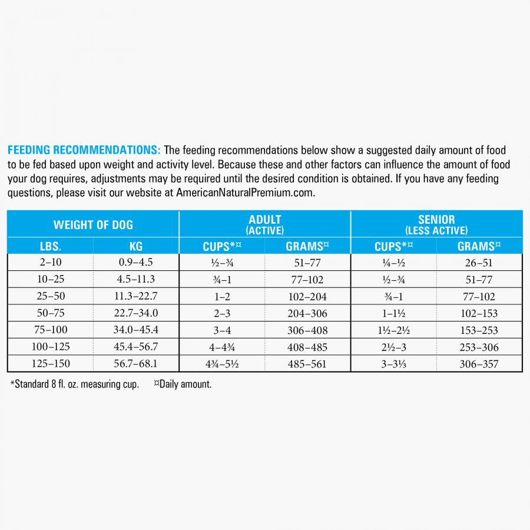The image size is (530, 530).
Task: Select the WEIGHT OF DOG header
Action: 93,224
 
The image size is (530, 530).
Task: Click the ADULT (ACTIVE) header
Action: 265,224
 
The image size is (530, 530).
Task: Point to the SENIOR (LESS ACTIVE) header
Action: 436,224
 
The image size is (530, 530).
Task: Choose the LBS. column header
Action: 50,246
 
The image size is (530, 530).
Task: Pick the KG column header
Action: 136,246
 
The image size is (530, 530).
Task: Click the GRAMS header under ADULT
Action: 307,246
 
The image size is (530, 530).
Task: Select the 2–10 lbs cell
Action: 50,263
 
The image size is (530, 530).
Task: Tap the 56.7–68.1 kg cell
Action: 136,364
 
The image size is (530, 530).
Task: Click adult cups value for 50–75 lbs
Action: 221,314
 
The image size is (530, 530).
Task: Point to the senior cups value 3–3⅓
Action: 394,364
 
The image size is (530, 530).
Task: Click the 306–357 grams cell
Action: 479,364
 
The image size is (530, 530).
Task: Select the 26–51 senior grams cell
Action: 479,263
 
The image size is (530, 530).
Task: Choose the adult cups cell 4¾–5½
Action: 221,364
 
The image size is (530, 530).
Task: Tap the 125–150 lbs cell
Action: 50,364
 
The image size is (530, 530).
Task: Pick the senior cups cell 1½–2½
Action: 394,330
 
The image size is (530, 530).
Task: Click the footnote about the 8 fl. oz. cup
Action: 75,385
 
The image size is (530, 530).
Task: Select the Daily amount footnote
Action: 183,385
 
